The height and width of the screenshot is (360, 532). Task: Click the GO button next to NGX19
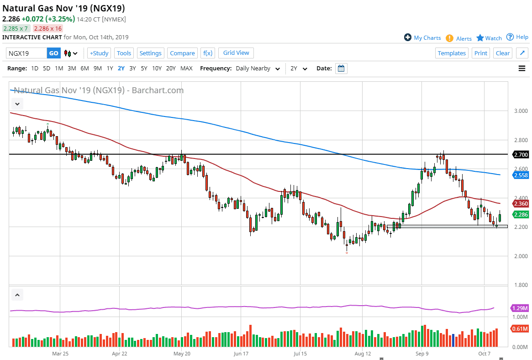click(53, 53)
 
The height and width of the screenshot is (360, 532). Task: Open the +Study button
click(99, 53)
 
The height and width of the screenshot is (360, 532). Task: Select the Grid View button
click(236, 53)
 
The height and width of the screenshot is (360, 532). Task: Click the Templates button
click(452, 53)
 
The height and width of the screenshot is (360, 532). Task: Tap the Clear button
click(502, 53)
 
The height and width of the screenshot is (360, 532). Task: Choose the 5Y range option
click(144, 69)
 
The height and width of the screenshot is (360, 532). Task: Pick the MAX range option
click(186, 69)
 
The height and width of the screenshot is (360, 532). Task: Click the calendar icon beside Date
click(341, 69)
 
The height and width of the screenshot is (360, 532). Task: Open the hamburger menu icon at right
click(522, 69)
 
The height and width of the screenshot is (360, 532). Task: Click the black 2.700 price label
click(521, 155)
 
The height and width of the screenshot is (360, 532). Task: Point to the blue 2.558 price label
click(521, 175)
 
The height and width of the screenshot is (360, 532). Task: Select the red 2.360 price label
click(521, 204)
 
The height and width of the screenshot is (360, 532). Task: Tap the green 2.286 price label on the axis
click(521, 214)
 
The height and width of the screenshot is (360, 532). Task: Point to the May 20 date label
click(182, 353)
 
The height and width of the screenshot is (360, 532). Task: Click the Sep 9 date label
click(422, 353)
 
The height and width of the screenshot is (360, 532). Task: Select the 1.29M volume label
click(521, 308)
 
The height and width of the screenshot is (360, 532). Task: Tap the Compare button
click(182, 53)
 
